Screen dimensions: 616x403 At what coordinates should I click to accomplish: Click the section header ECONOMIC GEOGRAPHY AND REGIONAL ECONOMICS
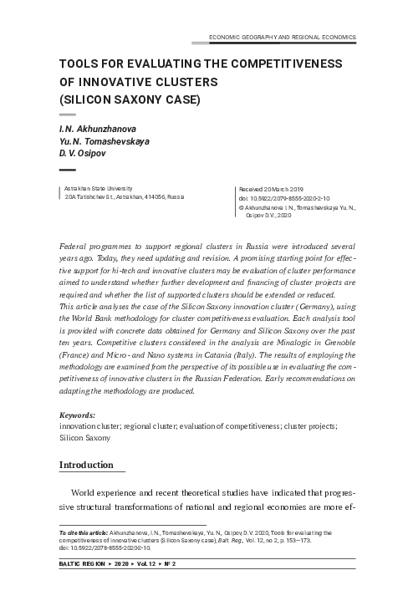pyautogui.click(x=281, y=38)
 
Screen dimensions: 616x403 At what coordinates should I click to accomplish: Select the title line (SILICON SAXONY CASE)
pyautogui.click(x=130, y=100)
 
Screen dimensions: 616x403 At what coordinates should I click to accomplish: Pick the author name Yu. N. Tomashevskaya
pyautogui.click(x=105, y=141)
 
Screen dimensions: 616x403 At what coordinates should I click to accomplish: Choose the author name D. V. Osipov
pyautogui.click(x=84, y=153)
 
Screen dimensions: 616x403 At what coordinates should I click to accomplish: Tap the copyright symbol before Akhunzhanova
pyautogui.click(x=242, y=208)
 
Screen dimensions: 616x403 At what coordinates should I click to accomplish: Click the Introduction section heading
pyautogui.click(x=85, y=465)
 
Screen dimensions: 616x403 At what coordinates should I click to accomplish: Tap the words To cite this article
pyautogui.click(x=83, y=532)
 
